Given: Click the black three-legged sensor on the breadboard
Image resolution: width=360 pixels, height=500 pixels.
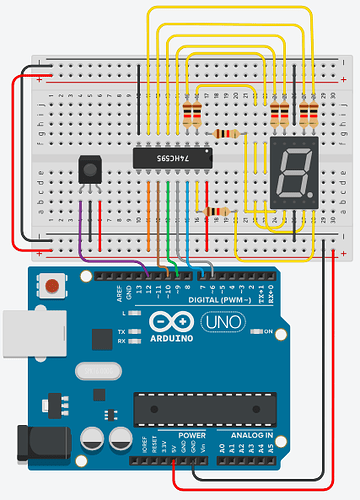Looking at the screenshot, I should click(x=90, y=170).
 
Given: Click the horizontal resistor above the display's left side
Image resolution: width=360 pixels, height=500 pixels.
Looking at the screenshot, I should click(x=226, y=133).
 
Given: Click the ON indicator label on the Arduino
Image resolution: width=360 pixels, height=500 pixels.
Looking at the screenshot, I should click(x=268, y=331).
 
